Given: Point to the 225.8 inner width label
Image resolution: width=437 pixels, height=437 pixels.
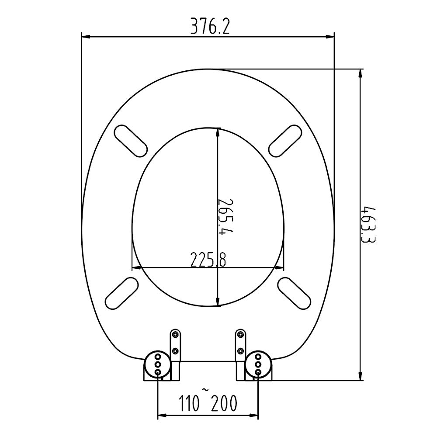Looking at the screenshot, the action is [x=208, y=259].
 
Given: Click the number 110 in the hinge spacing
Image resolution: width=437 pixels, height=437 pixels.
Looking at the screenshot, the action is [x=190, y=403].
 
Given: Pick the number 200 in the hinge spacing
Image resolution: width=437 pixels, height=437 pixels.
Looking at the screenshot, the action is [x=224, y=403].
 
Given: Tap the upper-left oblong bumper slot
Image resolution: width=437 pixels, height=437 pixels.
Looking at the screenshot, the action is [x=130, y=141].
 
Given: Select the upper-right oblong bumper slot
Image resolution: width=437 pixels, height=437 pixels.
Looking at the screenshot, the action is [x=285, y=141].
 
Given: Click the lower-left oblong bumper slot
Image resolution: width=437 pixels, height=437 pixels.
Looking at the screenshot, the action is [x=122, y=293].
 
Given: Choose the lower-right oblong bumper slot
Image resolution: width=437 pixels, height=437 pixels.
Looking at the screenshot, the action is [x=295, y=293].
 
